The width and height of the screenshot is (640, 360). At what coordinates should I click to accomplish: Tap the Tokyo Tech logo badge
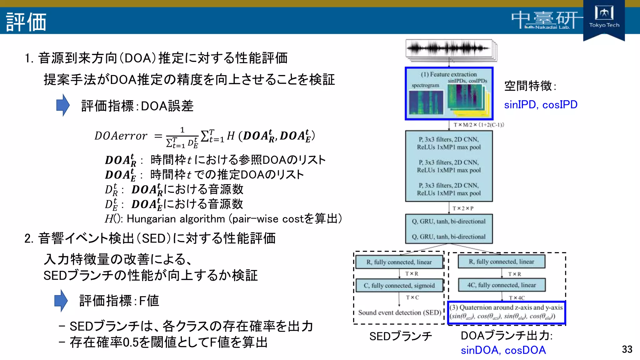point(604,19)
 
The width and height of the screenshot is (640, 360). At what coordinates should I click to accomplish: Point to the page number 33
point(627,349)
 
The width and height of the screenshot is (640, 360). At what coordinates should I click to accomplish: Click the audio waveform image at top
point(449,49)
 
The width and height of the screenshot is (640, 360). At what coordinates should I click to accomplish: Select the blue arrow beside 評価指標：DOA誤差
point(63,105)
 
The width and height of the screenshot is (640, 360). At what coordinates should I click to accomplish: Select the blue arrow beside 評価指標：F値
point(61,301)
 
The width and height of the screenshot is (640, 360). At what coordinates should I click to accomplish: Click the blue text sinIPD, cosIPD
point(541,105)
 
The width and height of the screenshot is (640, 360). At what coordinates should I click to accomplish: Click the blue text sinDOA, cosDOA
point(503,350)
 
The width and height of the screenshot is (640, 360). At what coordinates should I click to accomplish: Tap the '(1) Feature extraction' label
point(449,74)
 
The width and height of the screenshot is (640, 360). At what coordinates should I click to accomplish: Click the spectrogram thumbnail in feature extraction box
point(426,102)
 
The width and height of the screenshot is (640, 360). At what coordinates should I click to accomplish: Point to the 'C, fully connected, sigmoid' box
point(399,285)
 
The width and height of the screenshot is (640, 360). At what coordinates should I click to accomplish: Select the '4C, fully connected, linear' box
point(502,285)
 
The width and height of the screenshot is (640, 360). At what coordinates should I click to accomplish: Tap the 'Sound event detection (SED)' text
point(399,312)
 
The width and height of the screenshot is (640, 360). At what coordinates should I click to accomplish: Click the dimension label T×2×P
point(463,208)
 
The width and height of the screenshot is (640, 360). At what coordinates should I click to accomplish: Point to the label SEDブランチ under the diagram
point(400,336)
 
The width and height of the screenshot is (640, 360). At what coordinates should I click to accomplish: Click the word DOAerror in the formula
point(121,136)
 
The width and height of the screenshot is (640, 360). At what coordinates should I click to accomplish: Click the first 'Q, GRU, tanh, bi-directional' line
point(449,221)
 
